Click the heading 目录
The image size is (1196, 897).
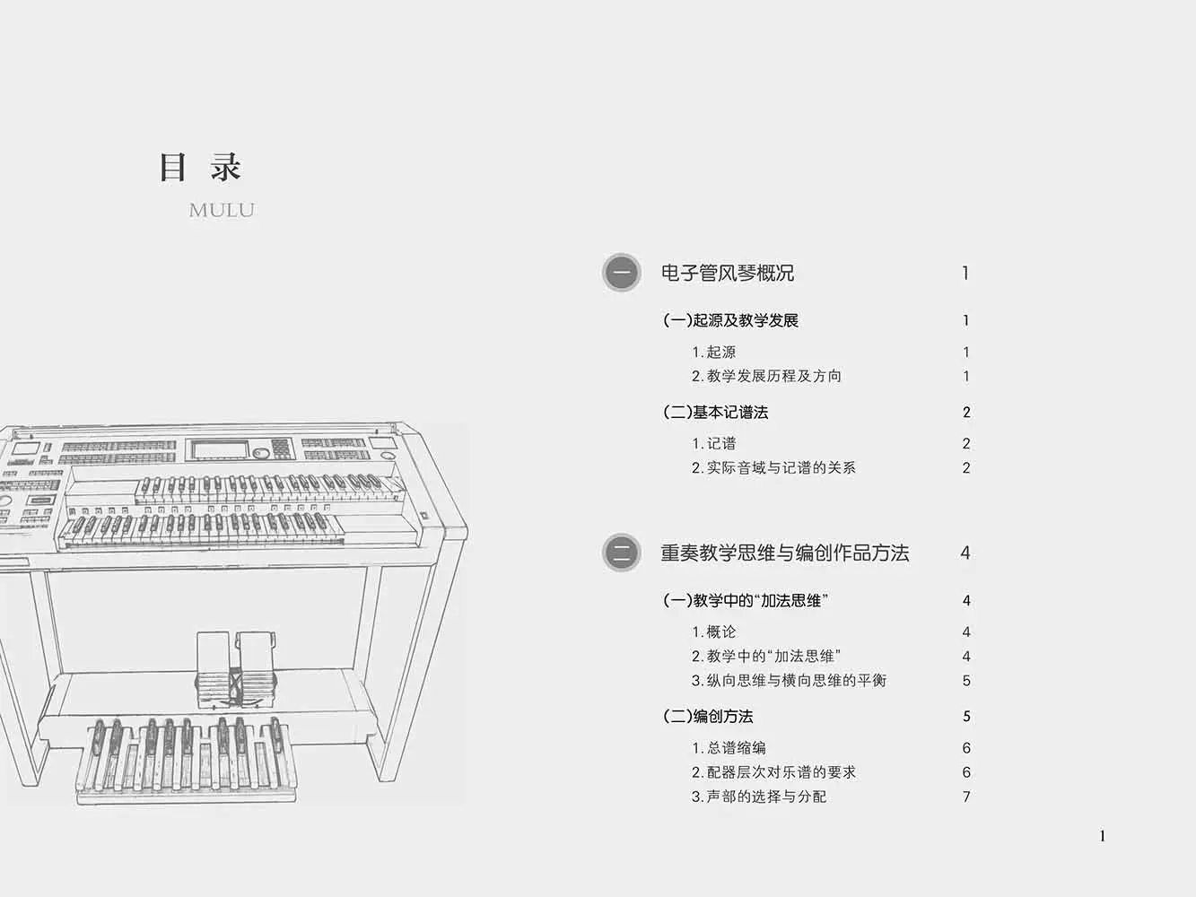[x=200, y=168]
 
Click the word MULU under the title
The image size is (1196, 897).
[x=222, y=211]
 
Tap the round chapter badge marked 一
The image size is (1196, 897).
[x=621, y=273]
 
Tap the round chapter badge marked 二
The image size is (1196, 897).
[x=621, y=553]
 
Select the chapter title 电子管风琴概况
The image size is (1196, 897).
[x=727, y=273]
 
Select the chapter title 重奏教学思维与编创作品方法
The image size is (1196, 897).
[x=784, y=553]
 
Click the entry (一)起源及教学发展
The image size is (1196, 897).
[x=730, y=320]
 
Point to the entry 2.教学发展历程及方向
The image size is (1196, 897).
[x=766, y=376]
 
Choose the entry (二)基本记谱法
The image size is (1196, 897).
[x=715, y=413]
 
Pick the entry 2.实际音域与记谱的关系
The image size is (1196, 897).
[x=773, y=467]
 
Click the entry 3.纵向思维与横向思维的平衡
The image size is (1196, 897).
[x=789, y=680]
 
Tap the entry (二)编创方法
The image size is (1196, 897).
[x=708, y=716]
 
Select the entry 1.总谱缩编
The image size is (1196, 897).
[x=729, y=747]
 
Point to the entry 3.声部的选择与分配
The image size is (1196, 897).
[x=759, y=796]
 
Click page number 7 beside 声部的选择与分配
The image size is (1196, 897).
[x=966, y=797]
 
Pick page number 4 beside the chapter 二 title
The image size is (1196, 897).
[x=965, y=553]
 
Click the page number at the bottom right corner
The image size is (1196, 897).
[x=1103, y=836]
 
